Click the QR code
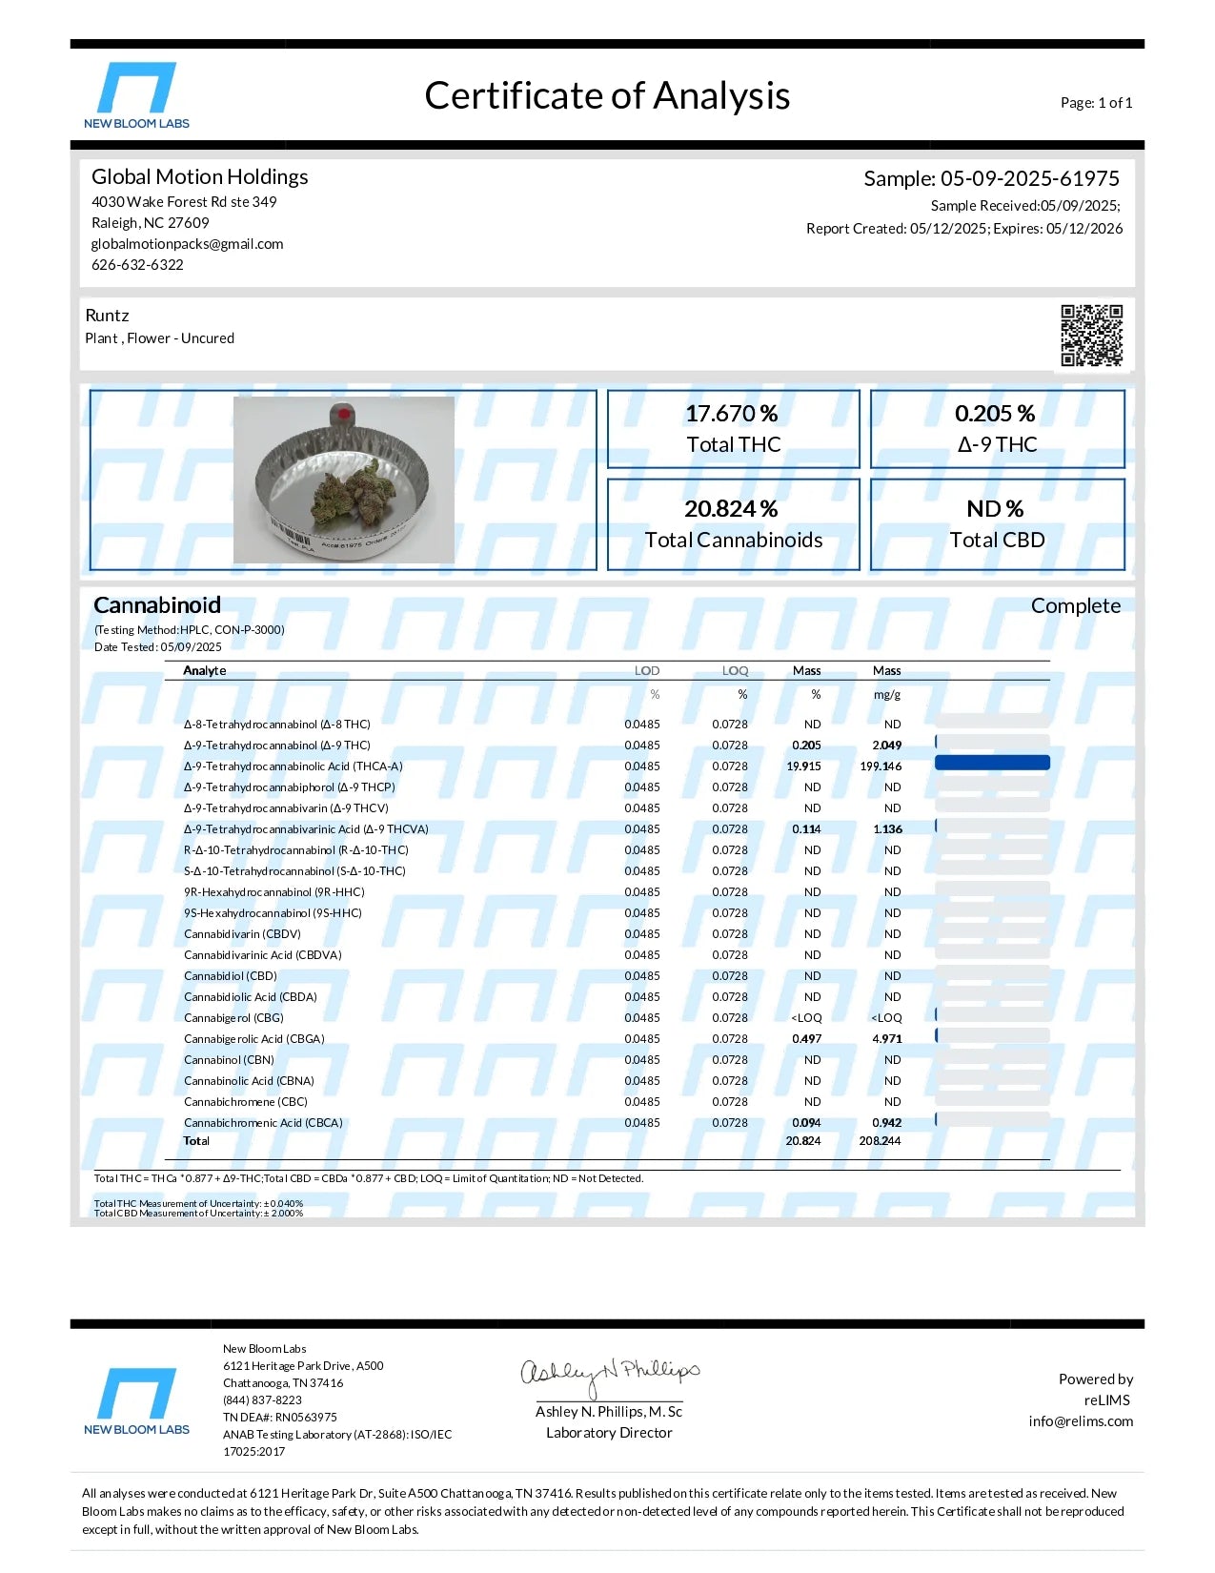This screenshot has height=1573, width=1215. point(1091,335)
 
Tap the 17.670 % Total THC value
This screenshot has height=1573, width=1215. point(732,414)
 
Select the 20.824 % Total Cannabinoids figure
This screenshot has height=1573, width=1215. point(731,509)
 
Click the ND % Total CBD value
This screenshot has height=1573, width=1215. point(995,509)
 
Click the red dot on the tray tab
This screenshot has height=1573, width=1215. point(342,415)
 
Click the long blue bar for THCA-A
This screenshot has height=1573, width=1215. point(992,763)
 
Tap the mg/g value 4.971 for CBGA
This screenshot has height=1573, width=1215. point(886,1039)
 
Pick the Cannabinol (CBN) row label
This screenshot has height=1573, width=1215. point(229,1060)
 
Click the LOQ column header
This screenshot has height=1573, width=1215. point(735,671)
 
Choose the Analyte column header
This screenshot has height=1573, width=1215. point(205,671)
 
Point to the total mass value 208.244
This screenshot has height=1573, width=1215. point(880,1141)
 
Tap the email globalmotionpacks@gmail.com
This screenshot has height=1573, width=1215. point(187,244)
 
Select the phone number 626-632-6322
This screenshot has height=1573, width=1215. point(137,265)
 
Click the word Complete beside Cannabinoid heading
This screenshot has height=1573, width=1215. point(1075,606)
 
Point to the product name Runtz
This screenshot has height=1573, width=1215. point(107,316)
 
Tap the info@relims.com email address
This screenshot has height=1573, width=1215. point(1081,1421)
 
